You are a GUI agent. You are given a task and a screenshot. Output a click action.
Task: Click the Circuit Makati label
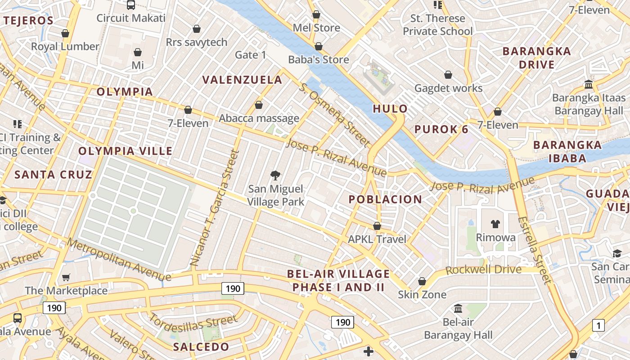click(x=131, y=18)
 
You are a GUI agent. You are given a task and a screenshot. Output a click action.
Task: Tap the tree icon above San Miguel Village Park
click(x=275, y=175)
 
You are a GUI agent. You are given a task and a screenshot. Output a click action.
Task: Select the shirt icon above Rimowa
click(x=495, y=224)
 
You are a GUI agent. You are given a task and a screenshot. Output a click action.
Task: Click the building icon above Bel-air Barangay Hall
click(x=459, y=309)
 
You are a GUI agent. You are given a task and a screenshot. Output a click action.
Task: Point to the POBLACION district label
click(x=386, y=199)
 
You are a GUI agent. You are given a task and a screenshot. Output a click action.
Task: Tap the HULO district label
click(x=390, y=108)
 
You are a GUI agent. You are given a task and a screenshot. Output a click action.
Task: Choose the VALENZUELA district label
click(x=242, y=80)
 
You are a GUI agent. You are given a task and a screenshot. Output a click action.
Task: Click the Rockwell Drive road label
click(x=483, y=270)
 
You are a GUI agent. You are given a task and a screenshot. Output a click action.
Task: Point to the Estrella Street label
click(x=535, y=251)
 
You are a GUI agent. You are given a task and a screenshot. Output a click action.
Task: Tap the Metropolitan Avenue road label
click(x=119, y=260)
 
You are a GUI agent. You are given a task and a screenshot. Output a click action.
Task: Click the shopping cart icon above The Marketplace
click(x=66, y=277)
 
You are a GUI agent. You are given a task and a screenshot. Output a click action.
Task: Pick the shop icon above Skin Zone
click(x=422, y=282)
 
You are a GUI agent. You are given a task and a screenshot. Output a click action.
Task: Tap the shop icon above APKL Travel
click(x=377, y=226)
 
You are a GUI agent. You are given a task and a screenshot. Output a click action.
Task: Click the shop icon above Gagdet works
click(x=448, y=75)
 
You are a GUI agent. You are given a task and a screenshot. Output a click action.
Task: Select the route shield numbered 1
click(x=598, y=325)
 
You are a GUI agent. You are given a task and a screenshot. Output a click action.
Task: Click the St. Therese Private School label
click(x=438, y=25)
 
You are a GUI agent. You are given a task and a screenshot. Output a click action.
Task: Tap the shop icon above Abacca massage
click(x=259, y=105)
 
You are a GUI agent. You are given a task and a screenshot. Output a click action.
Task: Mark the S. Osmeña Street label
click(x=335, y=114)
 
